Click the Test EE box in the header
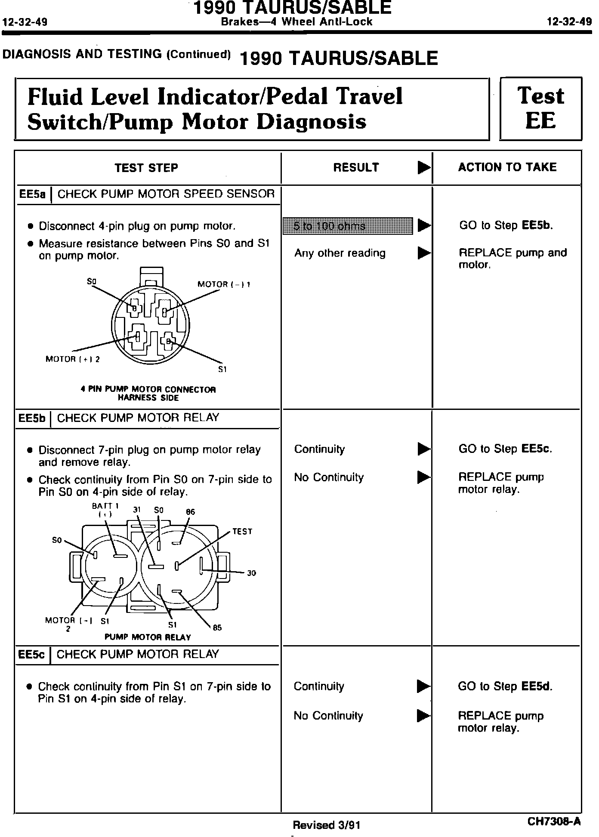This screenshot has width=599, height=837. pos(540,108)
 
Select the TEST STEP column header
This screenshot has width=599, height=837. pos(146,168)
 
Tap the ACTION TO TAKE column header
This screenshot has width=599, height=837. pos(507,167)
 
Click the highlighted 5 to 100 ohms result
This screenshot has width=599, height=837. pos(347,226)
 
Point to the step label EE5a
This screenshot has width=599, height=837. pos(32,194)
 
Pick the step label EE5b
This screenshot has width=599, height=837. pos(32,418)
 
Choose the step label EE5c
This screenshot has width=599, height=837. pos(32,655)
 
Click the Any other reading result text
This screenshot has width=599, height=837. pos(340,253)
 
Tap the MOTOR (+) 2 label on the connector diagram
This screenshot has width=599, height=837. pos(72,359)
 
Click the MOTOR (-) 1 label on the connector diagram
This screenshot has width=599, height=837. pos(224,284)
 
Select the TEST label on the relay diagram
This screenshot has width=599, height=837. pos(242,532)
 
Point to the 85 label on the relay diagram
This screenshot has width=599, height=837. pos(217,628)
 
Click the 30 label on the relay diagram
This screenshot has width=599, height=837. pos(251,573)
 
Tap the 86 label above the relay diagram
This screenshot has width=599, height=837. pos(190,512)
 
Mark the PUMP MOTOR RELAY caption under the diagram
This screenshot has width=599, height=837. pos(148,637)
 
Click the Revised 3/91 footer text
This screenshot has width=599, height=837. pos(326,825)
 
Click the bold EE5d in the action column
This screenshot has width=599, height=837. pos(536,686)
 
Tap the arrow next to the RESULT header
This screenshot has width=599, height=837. pos(424,168)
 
